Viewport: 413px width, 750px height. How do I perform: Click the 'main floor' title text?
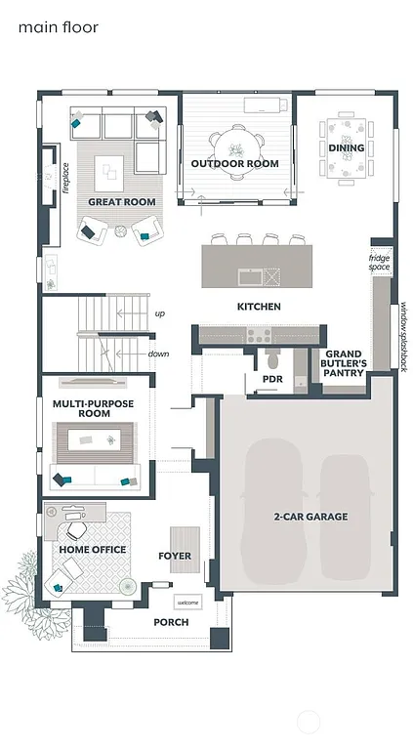(x=59, y=28)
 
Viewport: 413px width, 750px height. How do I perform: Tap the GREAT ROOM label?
(x=122, y=202)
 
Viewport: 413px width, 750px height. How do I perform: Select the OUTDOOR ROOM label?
(x=234, y=164)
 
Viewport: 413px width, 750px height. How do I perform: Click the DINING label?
(x=346, y=148)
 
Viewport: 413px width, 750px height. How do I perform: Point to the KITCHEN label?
(x=259, y=307)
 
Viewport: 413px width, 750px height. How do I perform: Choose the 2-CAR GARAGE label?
(x=311, y=517)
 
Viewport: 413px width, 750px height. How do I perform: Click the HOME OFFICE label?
(x=93, y=550)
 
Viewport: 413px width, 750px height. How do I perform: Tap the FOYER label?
(x=175, y=556)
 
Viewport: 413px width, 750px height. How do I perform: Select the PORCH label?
(x=171, y=622)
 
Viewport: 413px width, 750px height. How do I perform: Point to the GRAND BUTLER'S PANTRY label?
(x=345, y=363)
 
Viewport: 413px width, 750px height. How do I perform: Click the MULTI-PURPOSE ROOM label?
(x=93, y=408)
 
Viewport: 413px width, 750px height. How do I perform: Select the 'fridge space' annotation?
(x=379, y=262)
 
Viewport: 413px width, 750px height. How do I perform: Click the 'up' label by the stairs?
(x=159, y=313)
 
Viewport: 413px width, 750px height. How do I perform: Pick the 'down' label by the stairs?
(x=158, y=354)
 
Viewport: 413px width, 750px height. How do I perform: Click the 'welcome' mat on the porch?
(x=187, y=602)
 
